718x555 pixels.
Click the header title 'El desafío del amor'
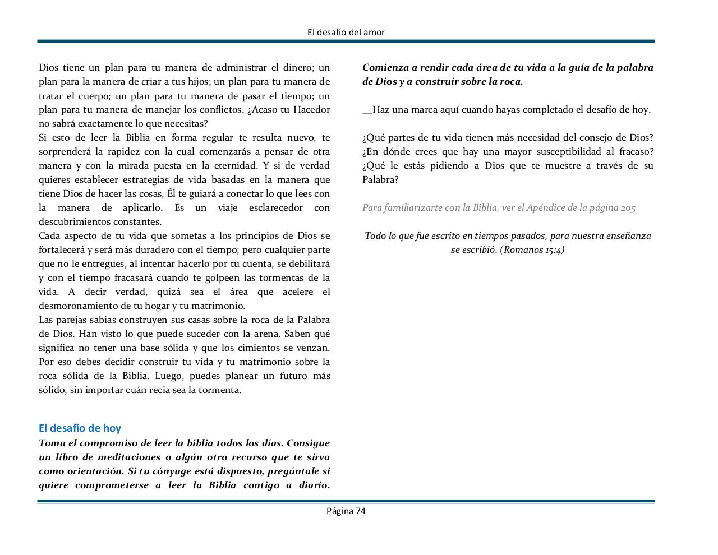click(x=346, y=32)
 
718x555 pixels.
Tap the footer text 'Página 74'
click(x=346, y=511)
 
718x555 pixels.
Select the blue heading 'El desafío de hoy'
click(x=80, y=428)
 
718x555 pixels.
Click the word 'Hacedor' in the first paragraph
click(x=312, y=110)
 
